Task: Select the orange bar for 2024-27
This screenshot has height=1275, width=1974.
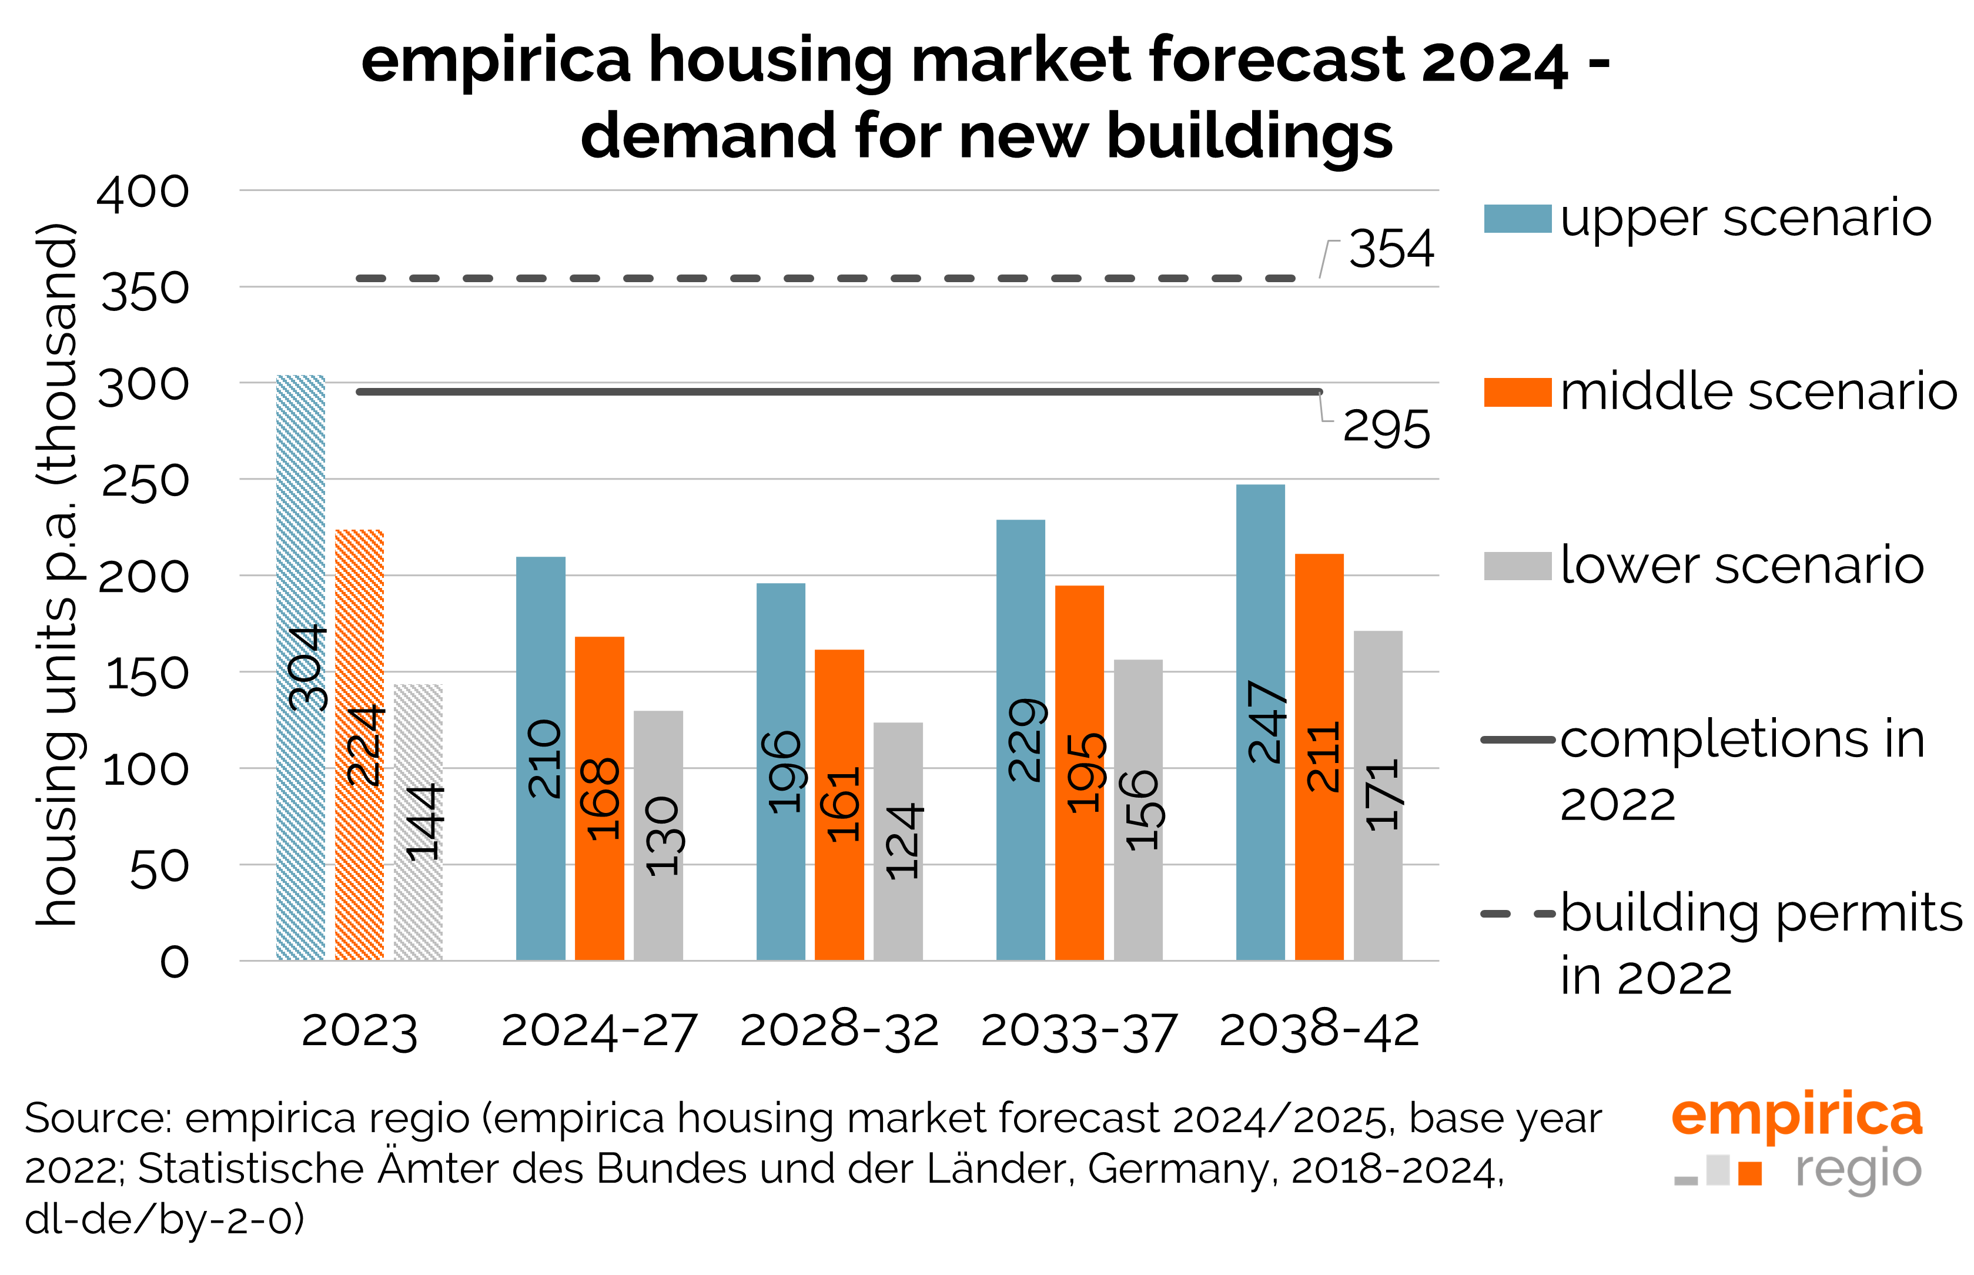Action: pos(600,799)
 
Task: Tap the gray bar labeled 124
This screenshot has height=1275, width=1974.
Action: pos(898,841)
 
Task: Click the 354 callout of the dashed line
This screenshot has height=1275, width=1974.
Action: pos(1391,249)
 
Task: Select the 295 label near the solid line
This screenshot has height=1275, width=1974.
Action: pos(1386,429)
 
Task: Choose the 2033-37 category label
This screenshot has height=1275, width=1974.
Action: pos(1079,1032)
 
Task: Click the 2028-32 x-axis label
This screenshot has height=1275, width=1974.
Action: pos(839,1032)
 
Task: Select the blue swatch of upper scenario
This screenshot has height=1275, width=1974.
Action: pos(1517,219)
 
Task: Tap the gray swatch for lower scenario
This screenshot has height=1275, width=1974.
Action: pos(1517,566)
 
